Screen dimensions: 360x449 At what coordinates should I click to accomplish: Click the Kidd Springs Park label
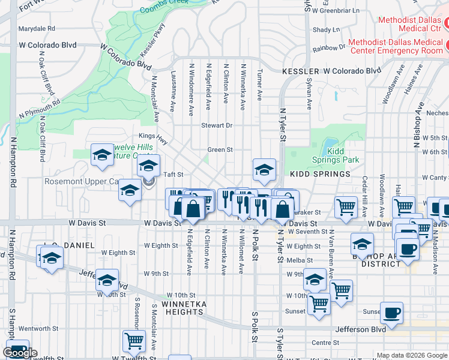[x=335, y=155]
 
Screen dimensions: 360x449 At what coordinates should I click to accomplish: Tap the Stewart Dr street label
[x=217, y=125]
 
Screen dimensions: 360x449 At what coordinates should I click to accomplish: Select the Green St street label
[x=220, y=150]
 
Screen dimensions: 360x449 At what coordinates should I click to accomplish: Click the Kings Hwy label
[x=151, y=136]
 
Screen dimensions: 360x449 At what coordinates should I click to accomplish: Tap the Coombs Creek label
[x=164, y=10]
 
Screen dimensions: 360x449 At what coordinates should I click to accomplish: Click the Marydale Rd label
[x=37, y=28]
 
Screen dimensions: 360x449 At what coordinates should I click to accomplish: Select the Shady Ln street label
[x=327, y=29]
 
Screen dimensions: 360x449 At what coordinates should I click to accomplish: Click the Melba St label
[x=301, y=260]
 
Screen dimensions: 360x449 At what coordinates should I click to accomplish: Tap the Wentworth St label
[x=41, y=329]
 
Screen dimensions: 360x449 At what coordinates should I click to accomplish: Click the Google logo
[x=20, y=353]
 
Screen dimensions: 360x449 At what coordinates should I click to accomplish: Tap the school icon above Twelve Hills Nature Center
[x=103, y=155]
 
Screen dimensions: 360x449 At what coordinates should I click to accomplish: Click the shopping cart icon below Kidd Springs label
[x=346, y=208]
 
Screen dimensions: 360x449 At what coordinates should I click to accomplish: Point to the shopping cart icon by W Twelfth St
[x=134, y=341]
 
